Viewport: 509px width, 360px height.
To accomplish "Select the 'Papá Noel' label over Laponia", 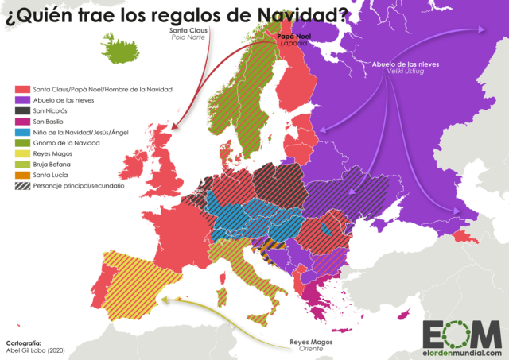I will [292, 37].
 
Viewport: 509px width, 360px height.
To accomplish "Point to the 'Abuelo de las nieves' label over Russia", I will [406, 64].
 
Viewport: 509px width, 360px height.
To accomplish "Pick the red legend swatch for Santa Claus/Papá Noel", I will [21, 90].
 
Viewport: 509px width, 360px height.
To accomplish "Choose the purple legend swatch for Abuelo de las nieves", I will [21, 100].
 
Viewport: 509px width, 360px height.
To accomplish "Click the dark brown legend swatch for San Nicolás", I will [21, 110].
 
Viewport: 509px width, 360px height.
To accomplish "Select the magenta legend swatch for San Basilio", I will [21, 121].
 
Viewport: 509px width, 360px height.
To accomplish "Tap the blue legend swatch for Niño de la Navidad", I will [21, 131].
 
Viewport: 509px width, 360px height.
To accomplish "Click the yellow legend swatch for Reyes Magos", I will [21, 153].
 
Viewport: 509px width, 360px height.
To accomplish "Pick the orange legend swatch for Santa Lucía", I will [21, 174].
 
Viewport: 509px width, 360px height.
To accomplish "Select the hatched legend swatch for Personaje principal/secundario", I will [21, 184].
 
